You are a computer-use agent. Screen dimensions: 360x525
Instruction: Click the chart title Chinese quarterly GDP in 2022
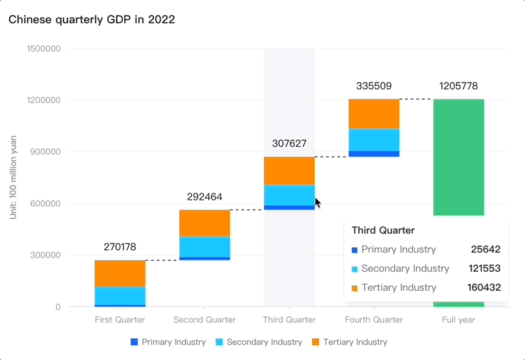coord(92,20)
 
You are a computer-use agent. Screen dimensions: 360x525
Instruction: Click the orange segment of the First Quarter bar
coord(120,273)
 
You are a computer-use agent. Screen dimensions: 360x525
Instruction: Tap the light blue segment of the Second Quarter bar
coord(205,246)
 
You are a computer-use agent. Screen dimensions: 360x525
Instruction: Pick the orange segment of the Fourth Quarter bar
coord(374,114)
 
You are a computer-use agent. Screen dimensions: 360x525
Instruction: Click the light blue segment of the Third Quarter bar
coord(289,195)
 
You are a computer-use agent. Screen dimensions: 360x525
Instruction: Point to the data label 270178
coord(120,247)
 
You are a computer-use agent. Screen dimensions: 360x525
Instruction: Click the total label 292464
coord(205,197)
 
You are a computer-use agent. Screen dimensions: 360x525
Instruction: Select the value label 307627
coord(289,143)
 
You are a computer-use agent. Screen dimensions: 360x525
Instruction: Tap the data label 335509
coord(374,86)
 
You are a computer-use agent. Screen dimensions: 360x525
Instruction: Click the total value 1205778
coord(459,86)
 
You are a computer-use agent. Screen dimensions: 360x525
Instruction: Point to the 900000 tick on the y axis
coord(43,152)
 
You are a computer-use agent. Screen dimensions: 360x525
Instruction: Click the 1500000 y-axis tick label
coord(43,49)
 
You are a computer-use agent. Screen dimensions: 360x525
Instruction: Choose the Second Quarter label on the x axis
coord(205,320)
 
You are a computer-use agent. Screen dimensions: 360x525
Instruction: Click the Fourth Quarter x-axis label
coord(374,320)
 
